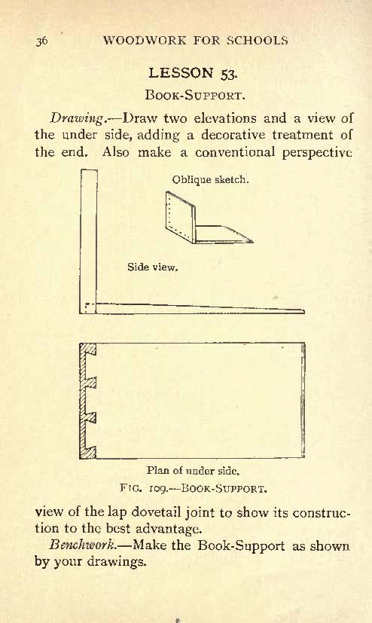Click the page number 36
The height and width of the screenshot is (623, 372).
tap(41, 41)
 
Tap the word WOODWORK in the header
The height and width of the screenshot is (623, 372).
tap(144, 40)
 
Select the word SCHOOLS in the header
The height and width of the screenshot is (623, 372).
tap(258, 40)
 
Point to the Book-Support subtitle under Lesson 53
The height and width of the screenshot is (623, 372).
tap(194, 96)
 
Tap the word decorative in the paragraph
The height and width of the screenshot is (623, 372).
tap(233, 135)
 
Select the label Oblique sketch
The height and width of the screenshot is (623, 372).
tap(210, 179)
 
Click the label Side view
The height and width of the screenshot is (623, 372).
tap(152, 267)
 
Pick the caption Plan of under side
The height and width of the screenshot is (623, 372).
tap(193, 471)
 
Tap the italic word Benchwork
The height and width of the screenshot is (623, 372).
tap(84, 545)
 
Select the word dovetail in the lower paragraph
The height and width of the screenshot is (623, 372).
tap(157, 512)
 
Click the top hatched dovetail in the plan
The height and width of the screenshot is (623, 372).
tap(88, 349)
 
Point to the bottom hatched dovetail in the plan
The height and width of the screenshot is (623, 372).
tap(88, 452)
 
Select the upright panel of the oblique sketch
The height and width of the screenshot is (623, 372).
tap(181, 216)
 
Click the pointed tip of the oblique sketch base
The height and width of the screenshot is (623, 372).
tap(252, 241)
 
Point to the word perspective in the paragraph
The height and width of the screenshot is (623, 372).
tap(317, 153)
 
